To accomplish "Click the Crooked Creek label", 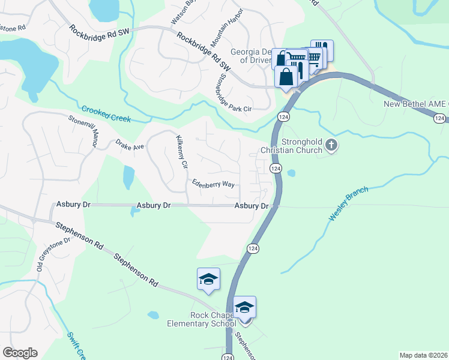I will pyautogui.click(x=106, y=114).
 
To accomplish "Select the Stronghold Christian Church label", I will pyautogui.click(x=291, y=146).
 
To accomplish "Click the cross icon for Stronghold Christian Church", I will pyautogui.click(x=331, y=145).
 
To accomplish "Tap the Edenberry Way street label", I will pyautogui.click(x=213, y=184).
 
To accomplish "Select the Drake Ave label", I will pyautogui.click(x=130, y=145).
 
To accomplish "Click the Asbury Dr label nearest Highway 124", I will pyautogui.click(x=251, y=206).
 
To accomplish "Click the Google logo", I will pyautogui.click(x=20, y=353).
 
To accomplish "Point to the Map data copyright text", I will pyautogui.click(x=423, y=355).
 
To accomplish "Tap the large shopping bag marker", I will pyautogui.click(x=286, y=77).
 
